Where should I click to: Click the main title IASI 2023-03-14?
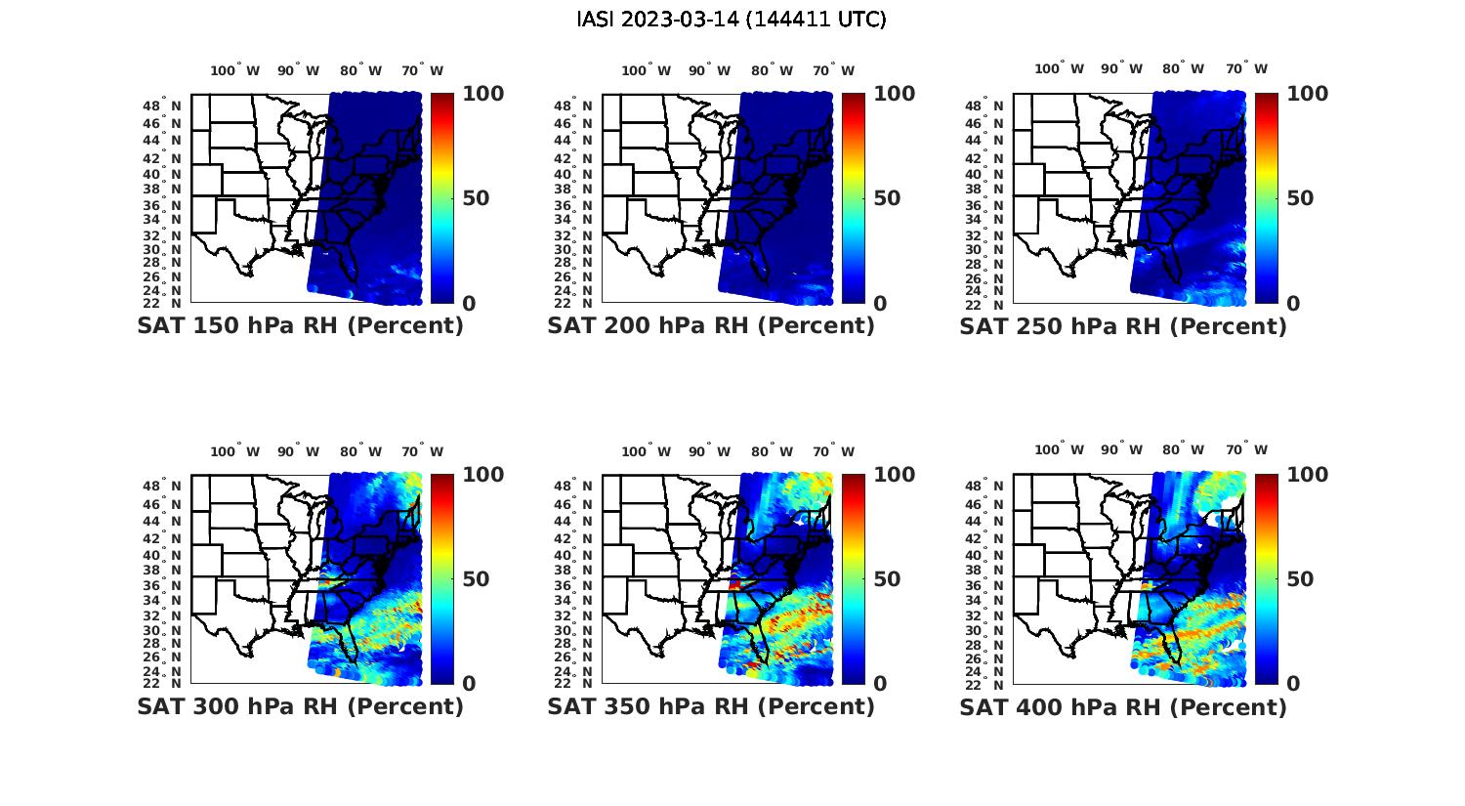pyautogui.click(x=732, y=20)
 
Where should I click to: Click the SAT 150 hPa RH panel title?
pyautogui.click(x=300, y=326)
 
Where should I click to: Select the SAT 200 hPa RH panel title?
pyautogui.click(x=711, y=326)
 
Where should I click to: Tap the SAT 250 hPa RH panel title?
pyautogui.click(x=1123, y=326)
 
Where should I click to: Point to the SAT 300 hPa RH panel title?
pyautogui.click(x=300, y=706)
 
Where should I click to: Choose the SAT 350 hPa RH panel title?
pyautogui.click(x=711, y=706)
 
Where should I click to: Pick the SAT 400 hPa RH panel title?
pyautogui.click(x=1123, y=706)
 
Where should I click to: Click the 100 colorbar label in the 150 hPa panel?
pyautogui.click(x=482, y=94)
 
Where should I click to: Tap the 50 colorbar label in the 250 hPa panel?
pyautogui.click(x=1299, y=198)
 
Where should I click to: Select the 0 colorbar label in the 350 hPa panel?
pyautogui.click(x=880, y=684)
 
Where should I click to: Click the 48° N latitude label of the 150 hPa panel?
pyautogui.click(x=163, y=106)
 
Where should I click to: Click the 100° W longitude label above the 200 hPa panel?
pyautogui.click(x=646, y=70)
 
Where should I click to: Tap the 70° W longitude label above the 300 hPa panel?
pyautogui.click(x=422, y=451)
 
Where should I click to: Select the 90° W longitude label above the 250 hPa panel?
pyautogui.click(x=1122, y=69)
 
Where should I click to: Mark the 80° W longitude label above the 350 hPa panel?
pyautogui.click(x=772, y=451)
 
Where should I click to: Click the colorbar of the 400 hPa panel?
pyautogui.click(x=1266, y=578)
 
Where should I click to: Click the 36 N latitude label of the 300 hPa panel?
pyautogui.click(x=163, y=586)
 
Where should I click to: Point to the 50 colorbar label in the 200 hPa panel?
pyautogui.click(x=887, y=198)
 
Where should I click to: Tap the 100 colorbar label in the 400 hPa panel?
pyautogui.click(x=1307, y=475)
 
